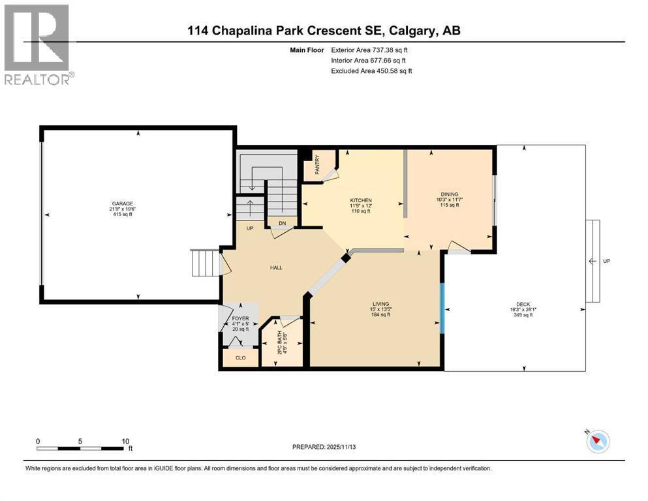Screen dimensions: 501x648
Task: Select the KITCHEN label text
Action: tap(361, 200)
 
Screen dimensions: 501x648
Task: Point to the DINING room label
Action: tap(449, 194)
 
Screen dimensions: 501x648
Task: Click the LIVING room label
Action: tap(380, 304)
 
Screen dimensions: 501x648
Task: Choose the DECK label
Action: tap(523, 304)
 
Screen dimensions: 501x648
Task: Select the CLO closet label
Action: tap(240, 357)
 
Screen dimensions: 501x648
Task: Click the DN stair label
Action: tap(282, 223)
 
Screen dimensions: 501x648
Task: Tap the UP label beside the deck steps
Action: tap(607, 261)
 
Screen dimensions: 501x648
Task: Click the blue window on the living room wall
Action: tap(442, 305)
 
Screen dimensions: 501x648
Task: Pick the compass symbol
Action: tap(597, 442)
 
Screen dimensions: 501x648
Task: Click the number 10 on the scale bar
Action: tap(125, 440)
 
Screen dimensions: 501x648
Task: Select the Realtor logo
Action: tap(37, 44)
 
